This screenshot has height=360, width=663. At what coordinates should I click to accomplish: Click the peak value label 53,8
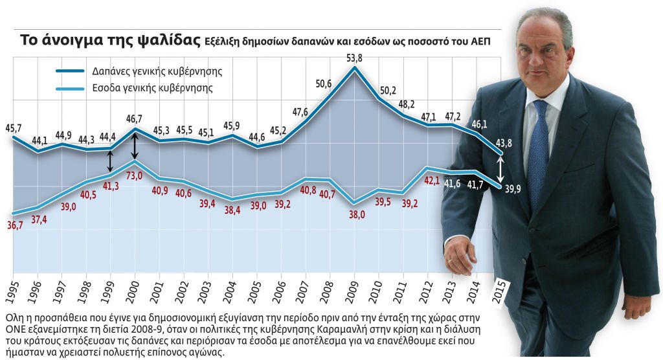click(x=354, y=58)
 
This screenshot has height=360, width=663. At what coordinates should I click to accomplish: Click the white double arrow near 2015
click(x=500, y=170)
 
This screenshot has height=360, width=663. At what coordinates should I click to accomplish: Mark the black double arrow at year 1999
click(x=111, y=161)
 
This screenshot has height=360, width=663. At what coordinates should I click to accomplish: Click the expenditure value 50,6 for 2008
click(x=324, y=84)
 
